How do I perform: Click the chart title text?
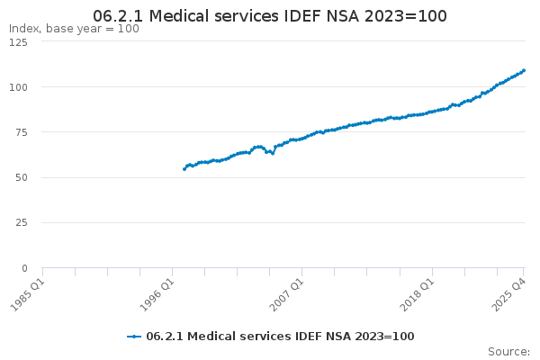click(270, 16)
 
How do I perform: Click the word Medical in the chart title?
click(193, 16)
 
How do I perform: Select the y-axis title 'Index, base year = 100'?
click(74, 29)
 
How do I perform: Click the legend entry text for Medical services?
click(280, 336)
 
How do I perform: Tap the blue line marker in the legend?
click(134, 336)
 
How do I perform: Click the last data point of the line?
click(524, 70)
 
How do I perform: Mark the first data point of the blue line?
click(184, 169)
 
